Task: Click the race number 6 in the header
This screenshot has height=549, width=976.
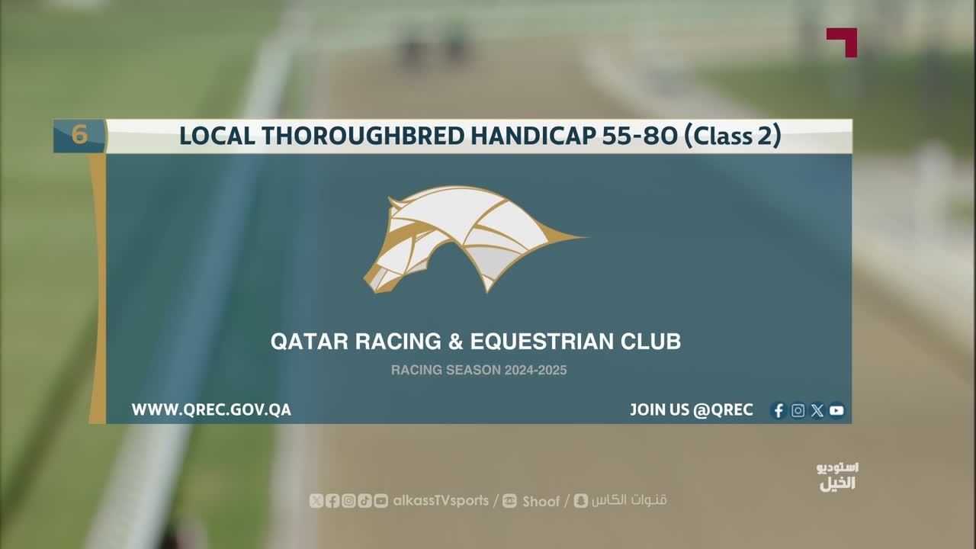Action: click(x=79, y=134)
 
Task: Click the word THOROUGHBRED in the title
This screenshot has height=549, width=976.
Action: click(x=364, y=136)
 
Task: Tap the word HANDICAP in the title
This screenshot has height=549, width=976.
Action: click(x=533, y=136)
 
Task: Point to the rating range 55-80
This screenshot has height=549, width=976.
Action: click(x=640, y=136)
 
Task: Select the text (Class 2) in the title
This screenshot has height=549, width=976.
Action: click(x=733, y=136)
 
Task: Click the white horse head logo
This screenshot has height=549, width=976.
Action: click(x=475, y=239)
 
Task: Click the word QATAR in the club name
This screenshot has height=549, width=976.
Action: click(x=310, y=341)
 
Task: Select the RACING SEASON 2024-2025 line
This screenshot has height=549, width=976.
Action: click(x=479, y=371)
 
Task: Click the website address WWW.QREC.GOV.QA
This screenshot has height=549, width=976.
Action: click(x=211, y=410)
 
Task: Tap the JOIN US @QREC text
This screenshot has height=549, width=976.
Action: click(x=692, y=410)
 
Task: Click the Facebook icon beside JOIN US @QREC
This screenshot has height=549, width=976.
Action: click(x=779, y=410)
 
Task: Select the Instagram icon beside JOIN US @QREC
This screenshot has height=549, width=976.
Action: click(x=798, y=410)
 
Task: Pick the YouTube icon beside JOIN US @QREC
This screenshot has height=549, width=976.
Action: click(x=836, y=410)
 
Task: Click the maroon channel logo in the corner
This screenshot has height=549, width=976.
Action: click(x=843, y=42)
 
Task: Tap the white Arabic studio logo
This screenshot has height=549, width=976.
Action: click(x=837, y=477)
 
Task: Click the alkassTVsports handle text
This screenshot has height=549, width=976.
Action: click(x=441, y=501)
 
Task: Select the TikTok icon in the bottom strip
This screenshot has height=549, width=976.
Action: click(x=364, y=501)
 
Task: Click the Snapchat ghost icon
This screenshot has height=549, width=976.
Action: click(x=580, y=501)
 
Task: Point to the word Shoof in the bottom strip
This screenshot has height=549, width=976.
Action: click(x=541, y=501)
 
